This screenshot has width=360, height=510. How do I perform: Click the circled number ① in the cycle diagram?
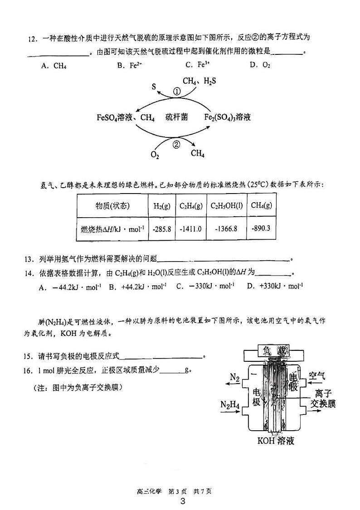tap(177, 91)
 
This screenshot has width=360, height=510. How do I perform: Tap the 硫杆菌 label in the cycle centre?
tap(176, 117)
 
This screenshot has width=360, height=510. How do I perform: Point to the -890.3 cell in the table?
tap(261, 228)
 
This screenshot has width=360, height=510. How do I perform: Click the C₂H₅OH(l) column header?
tap(227, 205)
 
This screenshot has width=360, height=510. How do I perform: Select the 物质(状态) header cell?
tap(112, 205)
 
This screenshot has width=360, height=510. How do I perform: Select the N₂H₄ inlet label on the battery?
tap(230, 404)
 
